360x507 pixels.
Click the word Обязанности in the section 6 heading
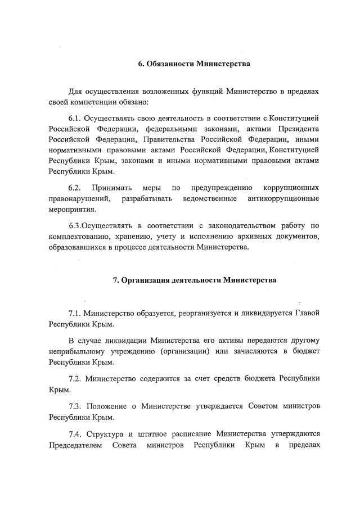(171, 64)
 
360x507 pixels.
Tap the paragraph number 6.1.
(76, 118)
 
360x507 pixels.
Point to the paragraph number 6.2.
(76, 187)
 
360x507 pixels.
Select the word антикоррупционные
(283, 198)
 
